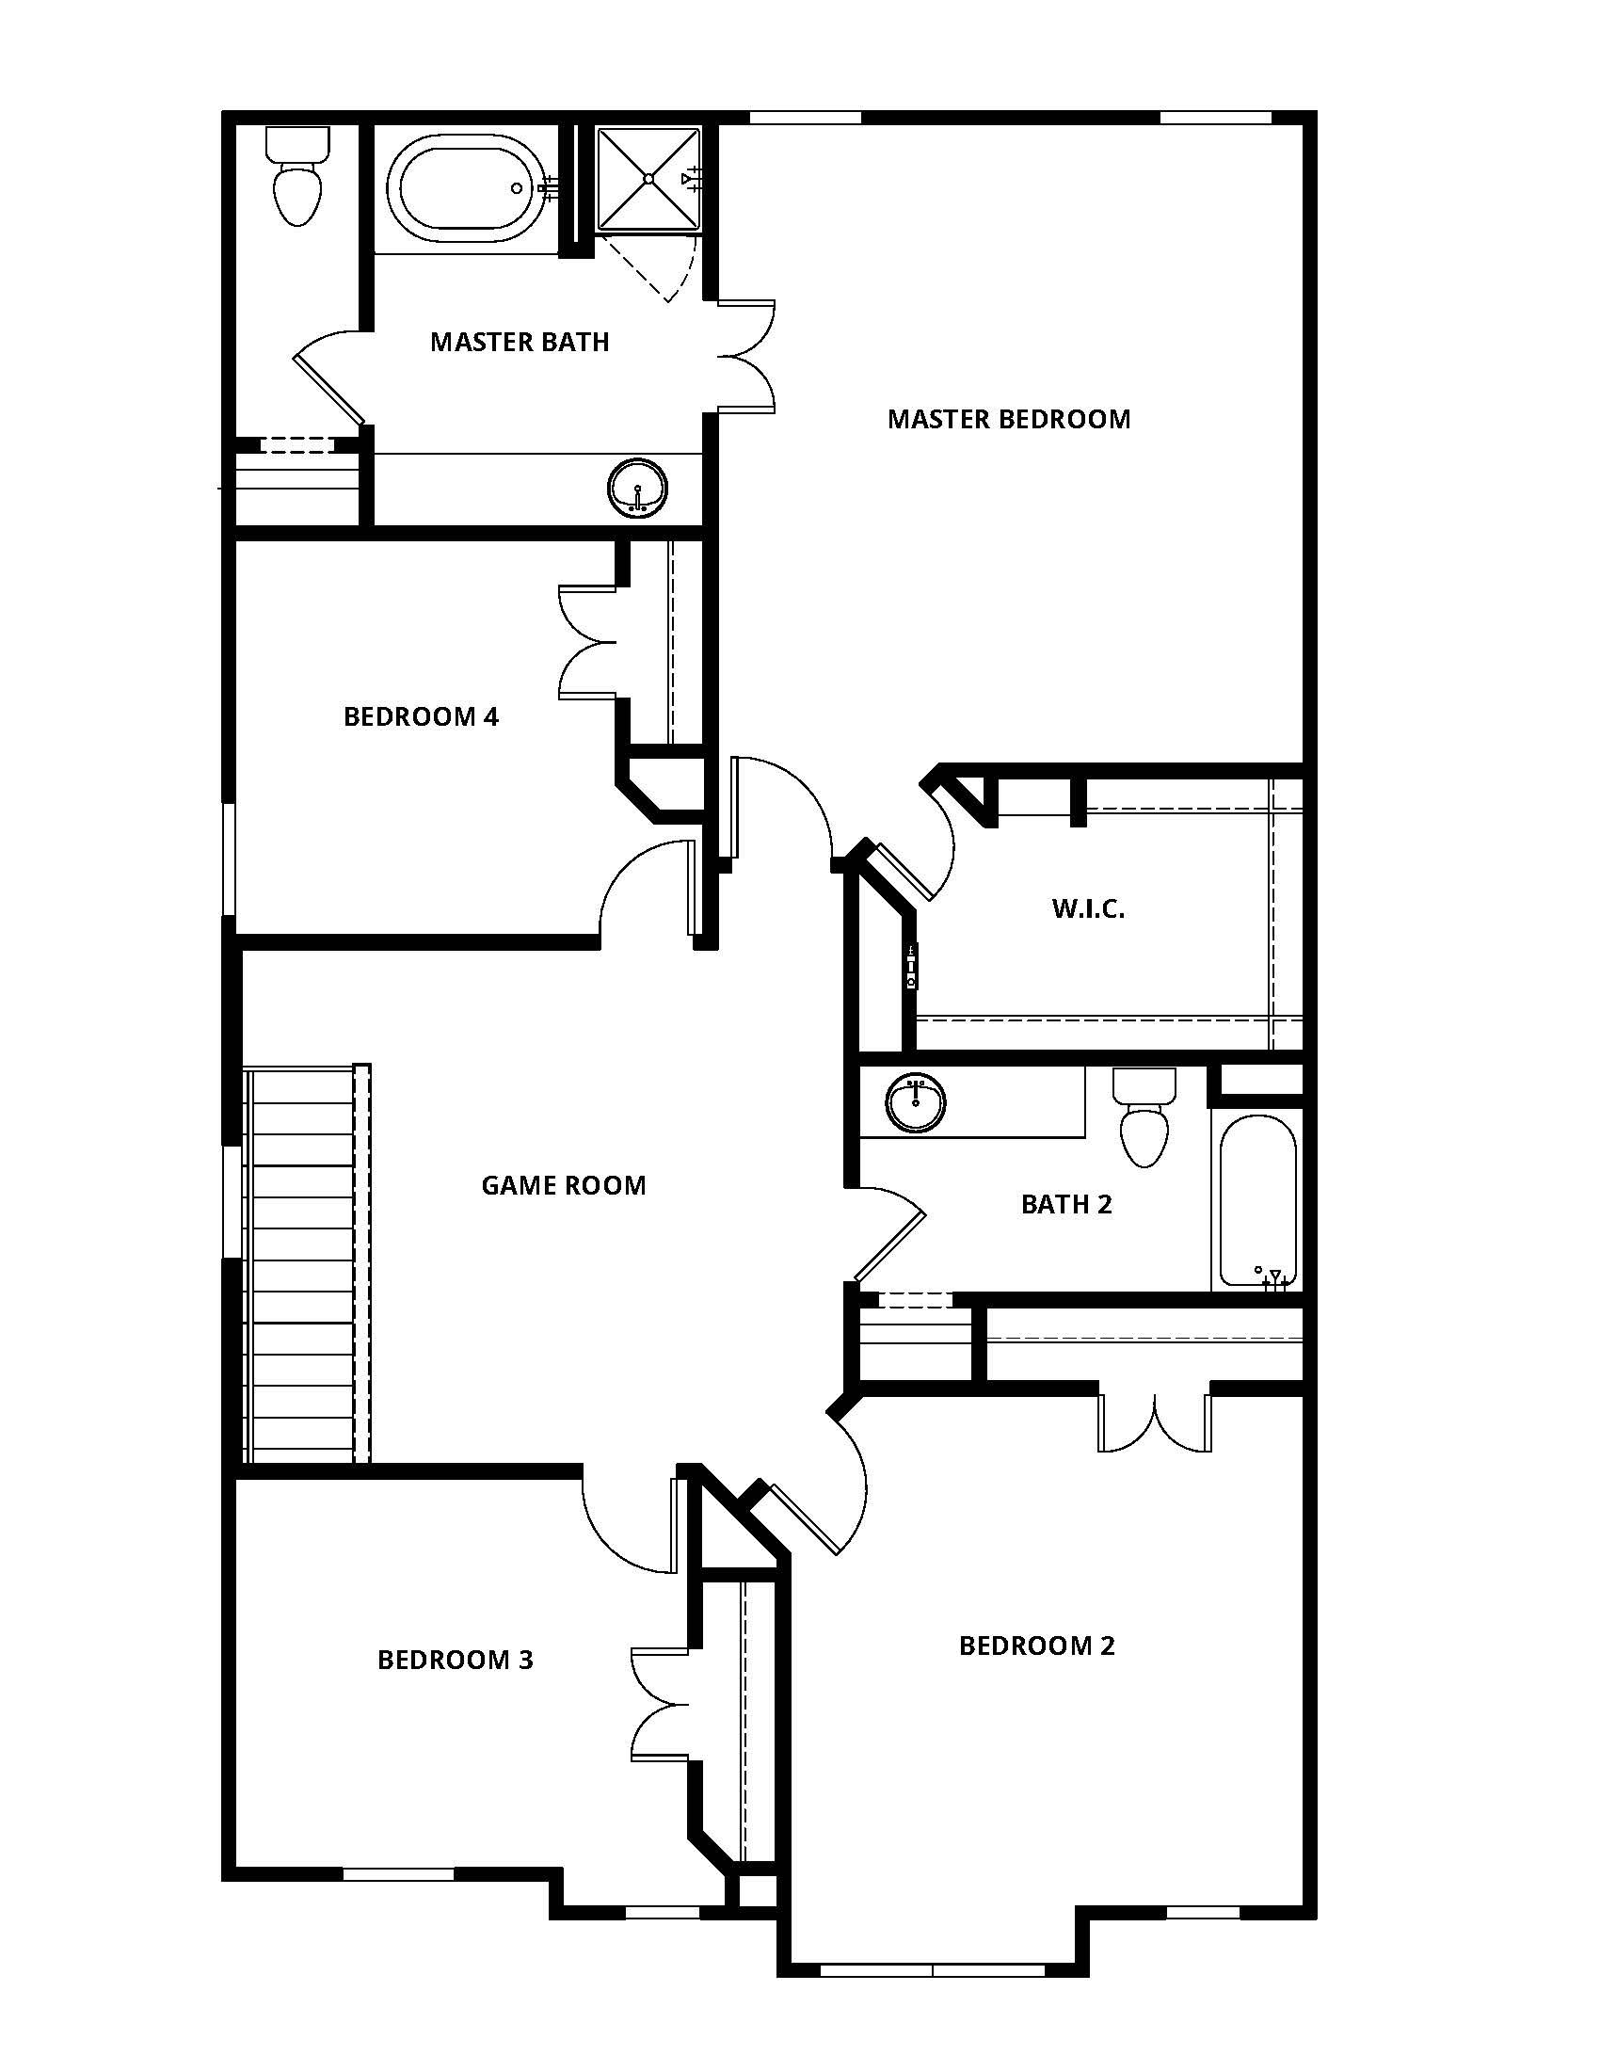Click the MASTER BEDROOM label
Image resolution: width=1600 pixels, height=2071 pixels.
(1009, 419)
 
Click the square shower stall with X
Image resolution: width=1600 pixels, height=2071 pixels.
(649, 178)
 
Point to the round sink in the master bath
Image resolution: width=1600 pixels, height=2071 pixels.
(637, 489)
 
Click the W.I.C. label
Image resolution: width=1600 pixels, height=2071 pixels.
(1088, 908)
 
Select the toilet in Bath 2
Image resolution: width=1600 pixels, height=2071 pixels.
(1144, 1122)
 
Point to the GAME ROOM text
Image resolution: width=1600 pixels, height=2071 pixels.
(563, 1185)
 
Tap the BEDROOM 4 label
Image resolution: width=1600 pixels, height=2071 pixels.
(421, 716)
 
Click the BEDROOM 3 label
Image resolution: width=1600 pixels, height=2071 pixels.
(455, 1660)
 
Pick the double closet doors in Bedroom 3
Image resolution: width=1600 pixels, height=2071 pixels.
(660, 1703)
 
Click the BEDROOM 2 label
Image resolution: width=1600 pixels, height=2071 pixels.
(1037, 1646)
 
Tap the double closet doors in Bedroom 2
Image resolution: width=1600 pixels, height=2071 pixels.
(1155, 1425)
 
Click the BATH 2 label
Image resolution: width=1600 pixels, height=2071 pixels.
(1066, 1204)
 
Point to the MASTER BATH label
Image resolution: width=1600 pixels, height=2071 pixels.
(520, 342)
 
